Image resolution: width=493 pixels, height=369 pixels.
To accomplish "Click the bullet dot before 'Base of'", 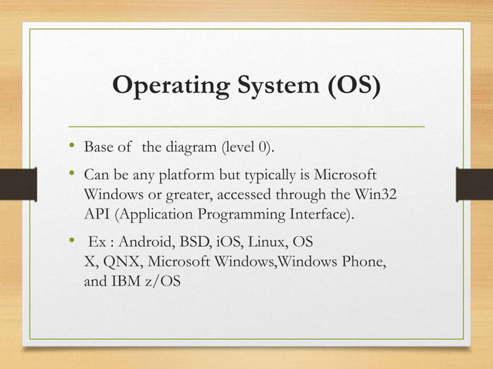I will (x=72, y=144).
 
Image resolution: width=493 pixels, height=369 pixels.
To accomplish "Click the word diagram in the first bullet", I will (x=191, y=147).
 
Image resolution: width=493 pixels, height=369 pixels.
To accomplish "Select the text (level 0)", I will (x=248, y=147).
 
